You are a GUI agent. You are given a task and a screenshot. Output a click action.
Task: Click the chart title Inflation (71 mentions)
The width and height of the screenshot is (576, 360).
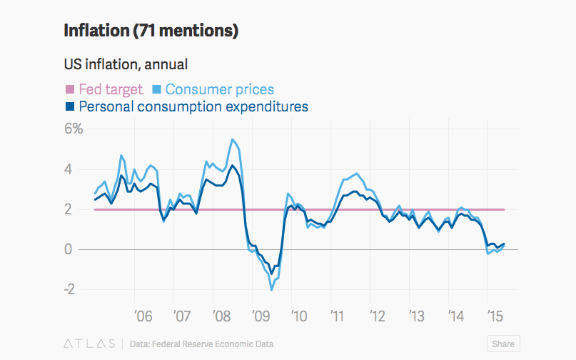click(151, 31)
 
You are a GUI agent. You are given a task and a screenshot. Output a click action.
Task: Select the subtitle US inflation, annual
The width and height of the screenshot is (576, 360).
click(126, 64)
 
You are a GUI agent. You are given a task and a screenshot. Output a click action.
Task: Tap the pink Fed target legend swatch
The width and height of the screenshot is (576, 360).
click(70, 90)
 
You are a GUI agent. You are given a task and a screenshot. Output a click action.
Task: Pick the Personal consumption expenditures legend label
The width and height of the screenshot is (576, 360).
click(193, 107)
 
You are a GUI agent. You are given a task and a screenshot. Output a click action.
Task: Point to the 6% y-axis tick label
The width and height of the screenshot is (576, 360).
click(74, 129)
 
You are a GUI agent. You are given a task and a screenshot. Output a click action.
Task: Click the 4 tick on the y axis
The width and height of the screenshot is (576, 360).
click(69, 169)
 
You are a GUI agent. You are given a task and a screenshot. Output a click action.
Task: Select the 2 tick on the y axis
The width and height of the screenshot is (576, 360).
click(69, 209)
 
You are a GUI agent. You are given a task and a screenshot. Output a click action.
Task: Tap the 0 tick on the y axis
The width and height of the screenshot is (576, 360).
click(69, 249)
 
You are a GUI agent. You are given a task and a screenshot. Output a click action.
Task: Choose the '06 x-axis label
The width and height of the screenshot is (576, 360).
click(143, 315)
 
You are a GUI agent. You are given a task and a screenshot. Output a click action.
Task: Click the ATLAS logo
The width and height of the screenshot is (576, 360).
click(89, 344)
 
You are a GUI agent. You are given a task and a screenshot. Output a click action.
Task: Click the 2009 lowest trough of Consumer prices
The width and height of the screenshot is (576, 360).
click(272, 289)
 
